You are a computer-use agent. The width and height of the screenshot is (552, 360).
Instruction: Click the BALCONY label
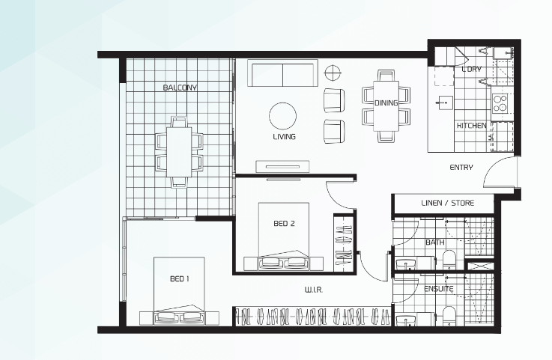click(x=180, y=88)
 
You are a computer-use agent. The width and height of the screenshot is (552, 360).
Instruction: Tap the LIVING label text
click(x=284, y=136)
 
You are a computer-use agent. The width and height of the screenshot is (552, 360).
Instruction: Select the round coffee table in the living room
click(x=282, y=116)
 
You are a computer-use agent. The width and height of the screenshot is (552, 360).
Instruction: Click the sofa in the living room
click(x=282, y=73)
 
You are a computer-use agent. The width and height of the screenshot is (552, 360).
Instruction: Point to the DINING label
click(x=386, y=103)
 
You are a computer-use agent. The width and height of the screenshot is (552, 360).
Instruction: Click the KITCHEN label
click(x=471, y=126)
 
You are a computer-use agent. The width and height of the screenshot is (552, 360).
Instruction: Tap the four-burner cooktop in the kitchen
click(x=499, y=103)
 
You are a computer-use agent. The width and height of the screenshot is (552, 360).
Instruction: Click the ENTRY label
click(x=461, y=168)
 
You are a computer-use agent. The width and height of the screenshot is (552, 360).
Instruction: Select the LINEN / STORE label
click(x=447, y=203)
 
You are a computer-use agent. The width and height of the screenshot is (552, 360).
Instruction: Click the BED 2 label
click(x=284, y=224)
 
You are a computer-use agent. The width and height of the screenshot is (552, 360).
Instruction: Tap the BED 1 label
click(x=180, y=278)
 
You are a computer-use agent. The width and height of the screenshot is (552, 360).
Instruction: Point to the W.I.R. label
click(x=313, y=290)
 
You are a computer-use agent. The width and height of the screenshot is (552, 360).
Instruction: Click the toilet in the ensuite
click(x=449, y=316)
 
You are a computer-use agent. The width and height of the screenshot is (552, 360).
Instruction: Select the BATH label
click(x=434, y=242)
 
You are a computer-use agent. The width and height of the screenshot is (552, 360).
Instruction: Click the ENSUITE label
click(x=439, y=289)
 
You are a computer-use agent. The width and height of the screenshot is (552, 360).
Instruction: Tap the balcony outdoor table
click(x=179, y=152)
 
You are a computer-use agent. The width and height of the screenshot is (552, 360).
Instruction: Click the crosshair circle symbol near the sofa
click(x=331, y=73)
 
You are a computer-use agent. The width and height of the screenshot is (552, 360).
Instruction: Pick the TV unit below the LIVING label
click(x=282, y=166)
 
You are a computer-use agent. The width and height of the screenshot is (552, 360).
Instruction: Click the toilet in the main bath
click(x=449, y=260)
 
